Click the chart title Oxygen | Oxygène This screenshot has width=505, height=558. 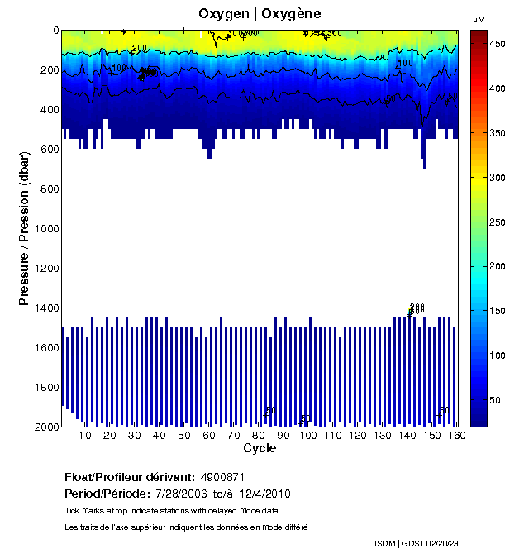pyautogui.click(x=260, y=13)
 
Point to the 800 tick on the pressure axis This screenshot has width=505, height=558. pyautogui.click(x=49, y=188)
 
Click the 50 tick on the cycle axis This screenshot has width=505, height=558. pyautogui.click(x=184, y=436)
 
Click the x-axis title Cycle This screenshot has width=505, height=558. pyautogui.click(x=260, y=448)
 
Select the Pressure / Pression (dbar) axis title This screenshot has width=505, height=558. pyautogui.click(x=25, y=228)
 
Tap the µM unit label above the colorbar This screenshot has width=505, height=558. pyautogui.click(x=479, y=19)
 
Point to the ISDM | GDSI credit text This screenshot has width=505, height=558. pyautogui.click(x=397, y=543)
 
